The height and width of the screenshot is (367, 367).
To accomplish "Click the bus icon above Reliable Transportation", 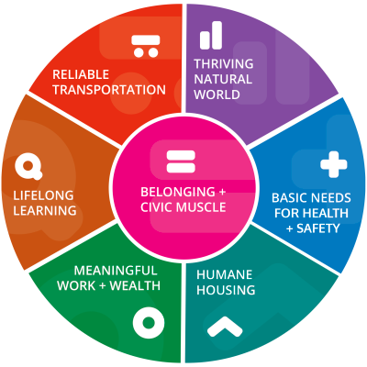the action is [146, 46].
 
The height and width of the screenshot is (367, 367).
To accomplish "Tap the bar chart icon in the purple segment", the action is [211, 35].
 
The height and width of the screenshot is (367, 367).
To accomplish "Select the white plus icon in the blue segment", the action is [334, 164].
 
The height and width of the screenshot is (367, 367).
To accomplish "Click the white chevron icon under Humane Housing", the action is [225, 327].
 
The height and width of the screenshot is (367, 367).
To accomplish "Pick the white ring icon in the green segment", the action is [149, 323].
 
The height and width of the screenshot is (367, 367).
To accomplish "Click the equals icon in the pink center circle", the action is [181, 161].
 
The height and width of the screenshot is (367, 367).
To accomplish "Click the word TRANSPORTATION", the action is [109, 90].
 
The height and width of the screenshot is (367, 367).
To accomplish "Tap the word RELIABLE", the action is [81, 74].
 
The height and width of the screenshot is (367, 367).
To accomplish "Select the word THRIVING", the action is [224, 64].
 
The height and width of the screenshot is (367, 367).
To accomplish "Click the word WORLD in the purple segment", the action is [217, 95].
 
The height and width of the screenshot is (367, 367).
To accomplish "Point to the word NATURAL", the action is [223, 79].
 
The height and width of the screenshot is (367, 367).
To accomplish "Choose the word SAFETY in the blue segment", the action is [318, 228].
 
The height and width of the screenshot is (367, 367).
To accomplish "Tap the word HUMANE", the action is [225, 274].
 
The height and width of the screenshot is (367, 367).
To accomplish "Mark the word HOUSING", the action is [226, 290].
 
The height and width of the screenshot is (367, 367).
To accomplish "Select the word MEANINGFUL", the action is [116, 271].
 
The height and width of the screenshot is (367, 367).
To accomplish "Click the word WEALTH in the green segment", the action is [135, 285].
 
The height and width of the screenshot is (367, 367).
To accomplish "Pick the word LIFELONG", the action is [43, 195].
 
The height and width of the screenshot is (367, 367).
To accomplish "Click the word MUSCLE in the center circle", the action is [201, 207].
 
